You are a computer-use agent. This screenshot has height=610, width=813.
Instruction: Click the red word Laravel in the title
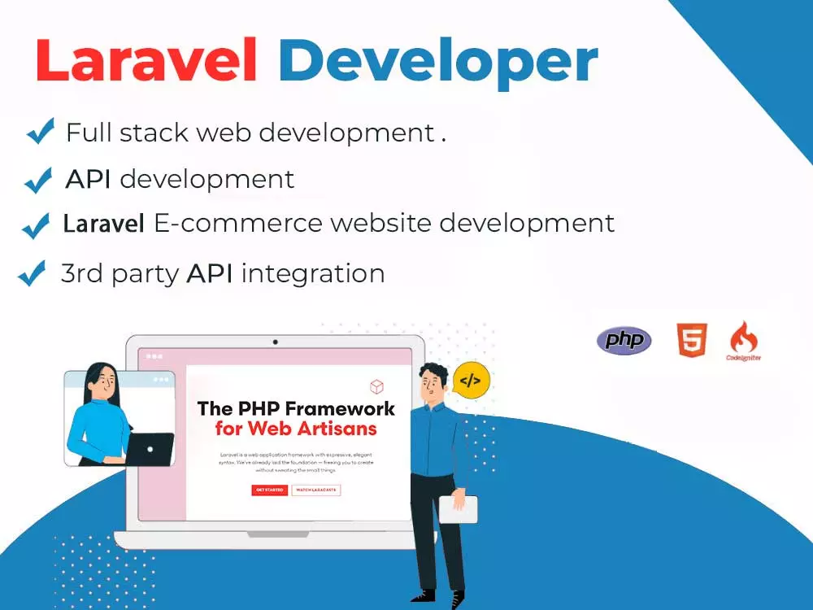pyautogui.click(x=146, y=61)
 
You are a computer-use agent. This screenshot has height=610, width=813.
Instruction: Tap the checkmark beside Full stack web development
pyautogui.click(x=40, y=131)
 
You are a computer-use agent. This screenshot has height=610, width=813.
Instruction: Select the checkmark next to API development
pyautogui.click(x=38, y=180)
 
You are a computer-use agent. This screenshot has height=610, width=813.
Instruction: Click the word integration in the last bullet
pyautogui.click(x=313, y=273)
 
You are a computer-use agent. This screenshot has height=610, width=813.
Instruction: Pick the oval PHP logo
pyautogui.click(x=624, y=340)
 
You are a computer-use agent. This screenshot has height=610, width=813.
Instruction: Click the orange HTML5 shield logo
pyautogui.click(x=692, y=340)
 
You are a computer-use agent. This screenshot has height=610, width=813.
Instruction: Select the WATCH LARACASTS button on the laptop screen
pyautogui.click(x=315, y=490)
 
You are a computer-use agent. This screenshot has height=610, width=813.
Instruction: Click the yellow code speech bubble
pyautogui.click(x=472, y=380)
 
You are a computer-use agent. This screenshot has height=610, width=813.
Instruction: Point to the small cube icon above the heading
pyautogui.click(x=376, y=386)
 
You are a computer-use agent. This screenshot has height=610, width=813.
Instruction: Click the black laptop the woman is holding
pyautogui.click(x=150, y=448)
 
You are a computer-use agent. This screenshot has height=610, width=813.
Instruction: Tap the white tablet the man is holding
pyautogui.click(x=459, y=509)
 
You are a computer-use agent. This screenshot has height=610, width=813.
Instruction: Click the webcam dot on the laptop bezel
pyautogui.click(x=276, y=342)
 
